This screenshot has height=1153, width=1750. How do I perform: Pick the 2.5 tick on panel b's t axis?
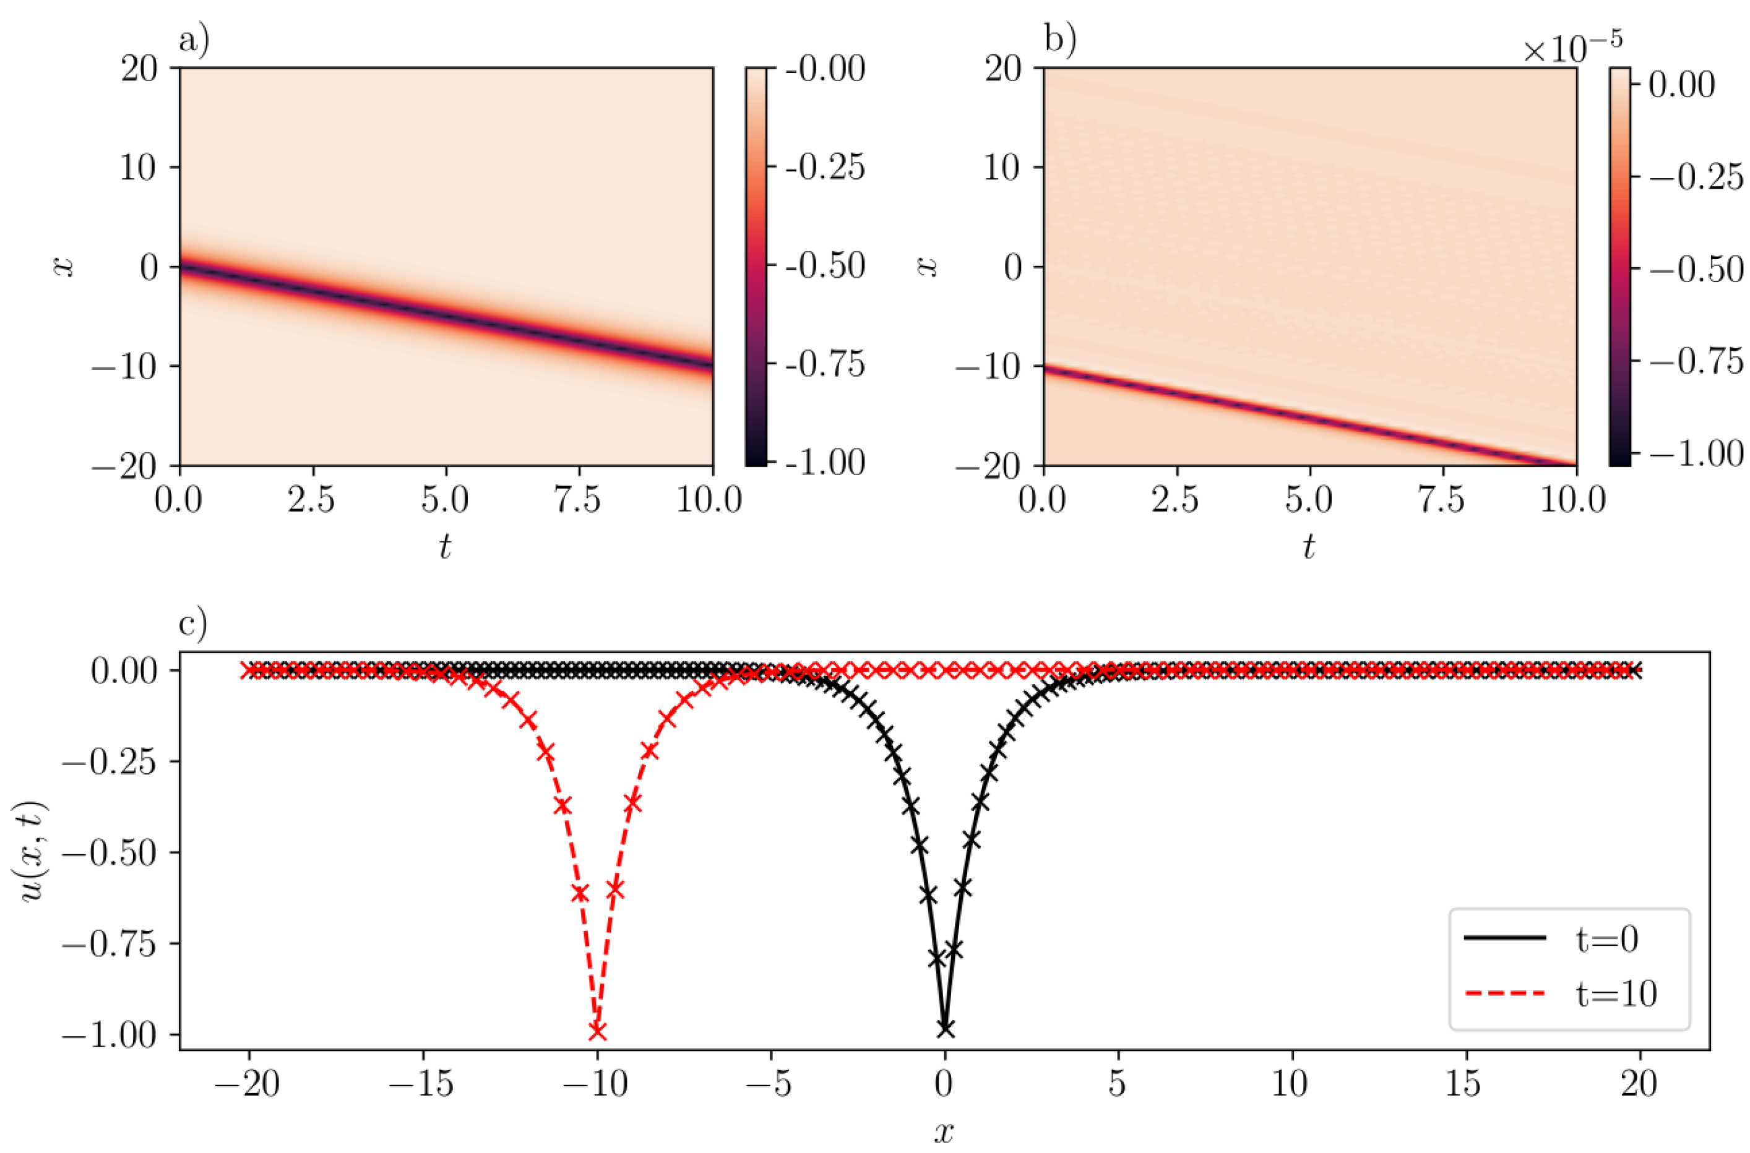tap(1176, 501)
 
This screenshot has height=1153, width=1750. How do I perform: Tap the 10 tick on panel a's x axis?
tap(140, 168)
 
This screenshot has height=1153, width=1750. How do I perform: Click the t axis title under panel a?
tap(445, 546)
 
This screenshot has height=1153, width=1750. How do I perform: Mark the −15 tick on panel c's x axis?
tap(421, 1083)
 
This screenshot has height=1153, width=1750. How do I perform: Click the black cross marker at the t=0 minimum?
tap(946, 1029)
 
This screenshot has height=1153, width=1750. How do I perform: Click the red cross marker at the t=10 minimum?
tap(597, 1032)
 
